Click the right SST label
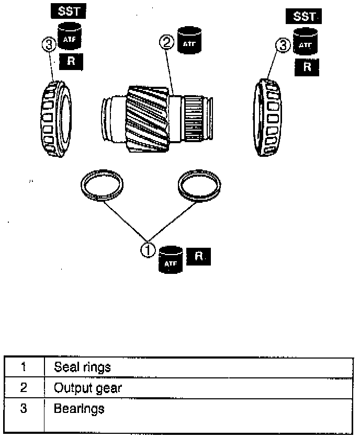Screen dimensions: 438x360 [303, 17]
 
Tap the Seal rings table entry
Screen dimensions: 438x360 [82, 367]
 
